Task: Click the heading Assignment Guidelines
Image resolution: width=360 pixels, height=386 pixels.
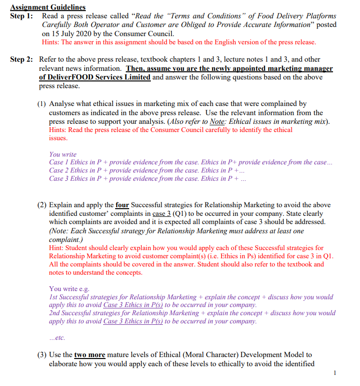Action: tap(48, 7)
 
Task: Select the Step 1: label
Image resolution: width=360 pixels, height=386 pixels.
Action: tap(22, 16)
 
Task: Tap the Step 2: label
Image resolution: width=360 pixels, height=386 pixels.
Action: tap(22, 59)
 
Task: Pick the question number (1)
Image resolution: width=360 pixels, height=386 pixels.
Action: tap(42, 104)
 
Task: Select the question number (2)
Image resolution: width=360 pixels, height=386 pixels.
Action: tap(42, 205)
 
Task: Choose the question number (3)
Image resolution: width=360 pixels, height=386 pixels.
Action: tap(42, 355)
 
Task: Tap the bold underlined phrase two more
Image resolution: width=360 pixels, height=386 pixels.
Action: tap(90, 355)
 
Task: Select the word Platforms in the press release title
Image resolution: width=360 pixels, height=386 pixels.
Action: tap(320, 16)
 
